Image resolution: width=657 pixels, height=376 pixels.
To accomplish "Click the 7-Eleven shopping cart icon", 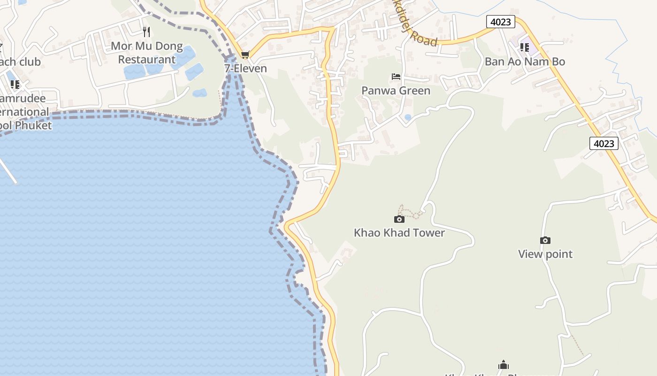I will click(x=245, y=55).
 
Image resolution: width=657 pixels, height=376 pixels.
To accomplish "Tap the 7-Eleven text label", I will click(x=245, y=69).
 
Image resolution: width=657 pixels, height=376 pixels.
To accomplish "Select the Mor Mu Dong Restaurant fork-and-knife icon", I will click(x=146, y=32).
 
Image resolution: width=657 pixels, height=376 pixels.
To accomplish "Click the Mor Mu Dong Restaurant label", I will click(x=146, y=53).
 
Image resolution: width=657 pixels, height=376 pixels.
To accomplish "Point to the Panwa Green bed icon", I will click(x=396, y=77).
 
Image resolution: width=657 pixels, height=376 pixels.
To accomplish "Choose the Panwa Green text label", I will click(x=396, y=90).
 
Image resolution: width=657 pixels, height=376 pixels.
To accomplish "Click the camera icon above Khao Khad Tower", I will click(x=399, y=219).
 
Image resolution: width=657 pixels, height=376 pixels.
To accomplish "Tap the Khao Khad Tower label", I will click(x=399, y=233).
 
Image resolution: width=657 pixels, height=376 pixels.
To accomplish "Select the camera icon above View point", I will click(x=545, y=240).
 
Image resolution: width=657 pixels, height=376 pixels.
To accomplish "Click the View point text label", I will click(x=545, y=254).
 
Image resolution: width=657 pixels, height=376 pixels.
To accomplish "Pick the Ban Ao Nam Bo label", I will click(x=525, y=62).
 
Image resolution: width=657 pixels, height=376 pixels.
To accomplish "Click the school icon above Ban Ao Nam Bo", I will click(x=524, y=47).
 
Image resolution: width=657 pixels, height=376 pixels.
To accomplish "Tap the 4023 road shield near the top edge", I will click(x=501, y=22).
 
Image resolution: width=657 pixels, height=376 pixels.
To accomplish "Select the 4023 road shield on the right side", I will click(x=604, y=143).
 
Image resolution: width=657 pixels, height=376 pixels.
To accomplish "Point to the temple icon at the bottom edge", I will click(x=504, y=365).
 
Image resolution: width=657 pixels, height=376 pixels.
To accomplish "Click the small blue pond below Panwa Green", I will click(x=408, y=117).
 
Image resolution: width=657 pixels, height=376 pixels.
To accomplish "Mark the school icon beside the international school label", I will click(x=15, y=85).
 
